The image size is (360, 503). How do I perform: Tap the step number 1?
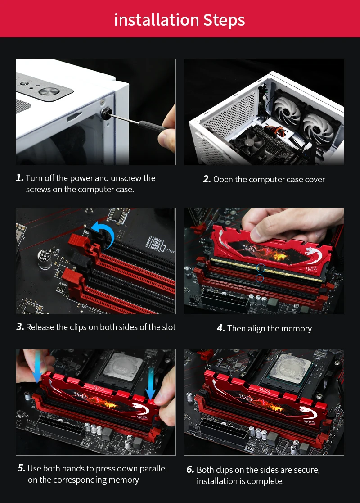pos(19,178)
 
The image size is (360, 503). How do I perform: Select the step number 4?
pos(220,328)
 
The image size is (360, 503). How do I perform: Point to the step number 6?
pos(190,470)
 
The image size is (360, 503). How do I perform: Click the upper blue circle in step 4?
pos(261,267)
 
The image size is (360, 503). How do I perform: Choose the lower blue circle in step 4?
pos(260,278)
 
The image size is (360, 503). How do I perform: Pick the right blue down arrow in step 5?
pos(150,384)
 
